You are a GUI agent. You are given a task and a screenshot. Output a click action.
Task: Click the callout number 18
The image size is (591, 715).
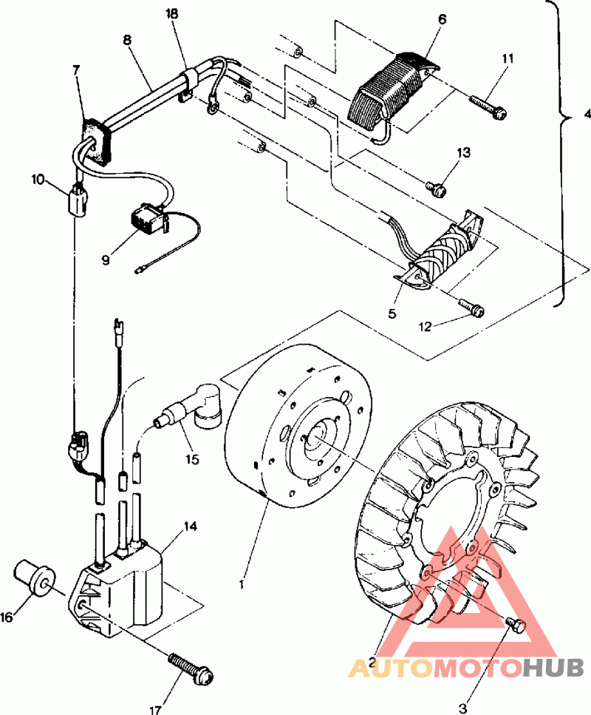point(171,14)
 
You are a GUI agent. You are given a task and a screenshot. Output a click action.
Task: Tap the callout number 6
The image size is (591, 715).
point(442,19)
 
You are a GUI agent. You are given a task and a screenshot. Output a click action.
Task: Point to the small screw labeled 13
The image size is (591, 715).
point(435,189)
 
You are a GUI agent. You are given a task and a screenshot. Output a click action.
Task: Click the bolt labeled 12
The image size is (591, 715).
point(471,307)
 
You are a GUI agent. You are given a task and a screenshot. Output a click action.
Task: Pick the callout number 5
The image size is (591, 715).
point(392,314)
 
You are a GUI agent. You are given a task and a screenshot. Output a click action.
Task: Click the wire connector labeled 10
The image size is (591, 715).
point(78,200)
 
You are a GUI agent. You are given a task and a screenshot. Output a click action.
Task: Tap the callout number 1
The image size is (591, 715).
point(242,584)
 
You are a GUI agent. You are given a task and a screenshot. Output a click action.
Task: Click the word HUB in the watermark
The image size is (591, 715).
point(553,668)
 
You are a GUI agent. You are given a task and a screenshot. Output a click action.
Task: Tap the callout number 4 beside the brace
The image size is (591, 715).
point(587,114)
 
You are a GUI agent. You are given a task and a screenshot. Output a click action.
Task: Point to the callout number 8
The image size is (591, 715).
point(126,40)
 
